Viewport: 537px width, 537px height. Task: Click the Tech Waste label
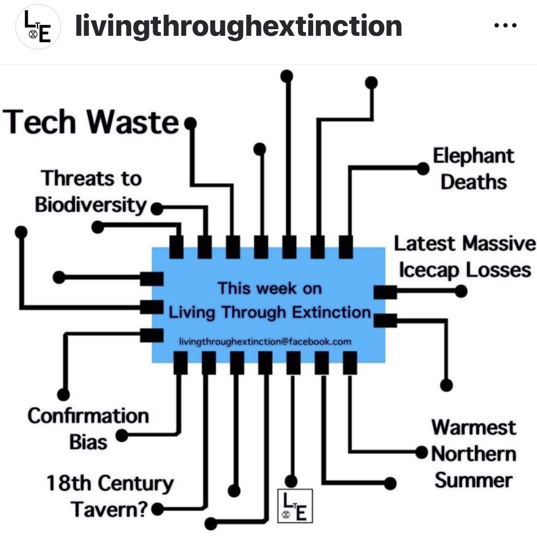(91, 122)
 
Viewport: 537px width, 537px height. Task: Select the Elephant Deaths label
(473, 168)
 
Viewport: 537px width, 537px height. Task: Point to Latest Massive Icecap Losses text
(464, 256)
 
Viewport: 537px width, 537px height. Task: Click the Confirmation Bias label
(88, 428)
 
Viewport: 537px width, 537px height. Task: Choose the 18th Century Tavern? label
(110, 496)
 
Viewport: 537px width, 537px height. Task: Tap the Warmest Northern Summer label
(474, 453)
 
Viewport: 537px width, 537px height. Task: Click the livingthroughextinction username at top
(239, 26)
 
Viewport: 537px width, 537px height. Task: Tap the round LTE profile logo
(38, 28)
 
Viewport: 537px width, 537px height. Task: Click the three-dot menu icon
(505, 26)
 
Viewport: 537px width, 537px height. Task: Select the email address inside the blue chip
(265, 342)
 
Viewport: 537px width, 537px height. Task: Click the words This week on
(270, 288)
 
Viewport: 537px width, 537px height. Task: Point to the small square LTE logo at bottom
(295, 505)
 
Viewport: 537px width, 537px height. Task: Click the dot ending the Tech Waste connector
(190, 124)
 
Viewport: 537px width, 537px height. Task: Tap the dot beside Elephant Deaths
(423, 168)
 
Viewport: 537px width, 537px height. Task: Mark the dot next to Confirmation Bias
(122, 435)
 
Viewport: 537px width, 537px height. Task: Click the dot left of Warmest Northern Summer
(421, 452)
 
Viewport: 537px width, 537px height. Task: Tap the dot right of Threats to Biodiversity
(156, 209)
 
